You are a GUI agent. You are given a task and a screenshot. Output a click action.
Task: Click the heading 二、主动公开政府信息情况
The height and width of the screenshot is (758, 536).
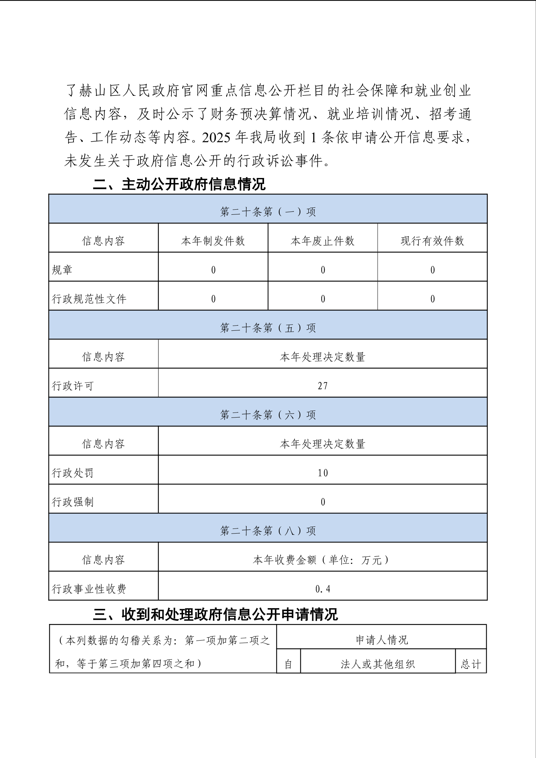tap(179, 184)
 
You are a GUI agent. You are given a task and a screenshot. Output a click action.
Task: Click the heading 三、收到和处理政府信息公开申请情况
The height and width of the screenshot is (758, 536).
tap(215, 614)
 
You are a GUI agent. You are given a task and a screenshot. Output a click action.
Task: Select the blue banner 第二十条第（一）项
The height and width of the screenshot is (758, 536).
tap(268, 211)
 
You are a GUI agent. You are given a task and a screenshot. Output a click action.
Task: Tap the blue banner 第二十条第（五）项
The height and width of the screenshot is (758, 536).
tap(268, 327)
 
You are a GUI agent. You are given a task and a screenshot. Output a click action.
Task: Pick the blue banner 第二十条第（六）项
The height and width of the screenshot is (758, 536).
tap(268, 415)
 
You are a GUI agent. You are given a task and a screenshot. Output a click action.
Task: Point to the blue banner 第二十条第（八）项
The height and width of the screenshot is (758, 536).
tap(268, 531)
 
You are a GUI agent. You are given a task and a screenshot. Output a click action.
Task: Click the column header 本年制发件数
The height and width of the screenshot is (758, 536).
tap(213, 241)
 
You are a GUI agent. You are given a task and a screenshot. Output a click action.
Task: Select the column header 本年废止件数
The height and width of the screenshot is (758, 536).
tap(322, 241)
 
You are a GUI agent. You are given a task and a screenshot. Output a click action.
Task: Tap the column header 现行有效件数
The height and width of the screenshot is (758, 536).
tap(432, 241)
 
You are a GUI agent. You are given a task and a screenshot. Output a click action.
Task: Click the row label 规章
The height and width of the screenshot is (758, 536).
tap(62, 269)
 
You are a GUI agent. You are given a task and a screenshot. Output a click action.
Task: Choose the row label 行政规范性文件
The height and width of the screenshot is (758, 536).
tap(89, 299)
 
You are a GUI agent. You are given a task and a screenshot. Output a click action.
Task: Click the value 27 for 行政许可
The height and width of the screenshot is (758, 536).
tap(323, 386)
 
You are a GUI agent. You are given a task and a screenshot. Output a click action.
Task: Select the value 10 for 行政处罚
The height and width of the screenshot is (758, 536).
tap(323, 473)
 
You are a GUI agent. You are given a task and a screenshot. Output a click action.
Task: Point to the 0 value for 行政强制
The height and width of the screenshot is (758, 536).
tap(323, 502)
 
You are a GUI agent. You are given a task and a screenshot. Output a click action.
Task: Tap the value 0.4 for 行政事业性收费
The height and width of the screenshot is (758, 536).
tap(323, 589)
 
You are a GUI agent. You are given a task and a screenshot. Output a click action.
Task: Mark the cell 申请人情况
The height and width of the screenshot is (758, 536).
tap(382, 639)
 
